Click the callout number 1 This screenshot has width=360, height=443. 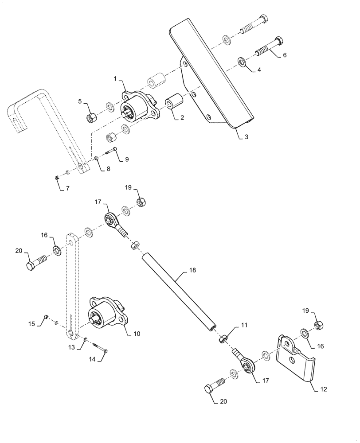115,79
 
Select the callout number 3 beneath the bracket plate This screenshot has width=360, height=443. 247,137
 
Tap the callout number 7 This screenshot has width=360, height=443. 67,189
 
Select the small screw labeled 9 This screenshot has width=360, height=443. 111,152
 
